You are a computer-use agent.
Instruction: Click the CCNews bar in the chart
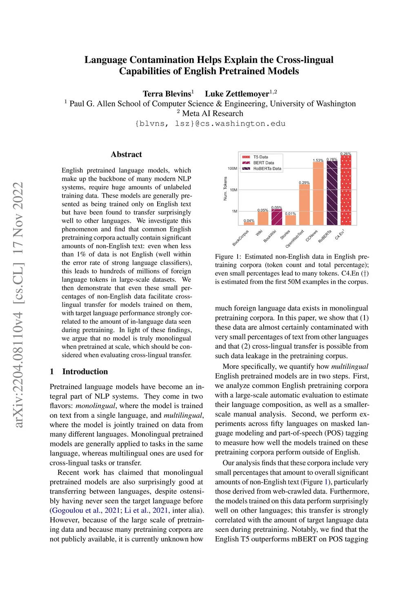(x=318, y=193)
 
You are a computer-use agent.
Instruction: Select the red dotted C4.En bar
(x=346, y=190)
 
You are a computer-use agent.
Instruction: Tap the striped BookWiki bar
(x=277, y=217)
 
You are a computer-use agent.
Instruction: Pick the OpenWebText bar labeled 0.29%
(x=304, y=204)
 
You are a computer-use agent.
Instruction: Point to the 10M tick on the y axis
(x=233, y=190)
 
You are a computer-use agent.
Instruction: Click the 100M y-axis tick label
(x=232, y=169)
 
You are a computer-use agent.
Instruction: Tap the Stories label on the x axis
(x=285, y=235)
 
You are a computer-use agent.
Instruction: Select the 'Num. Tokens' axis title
(x=225, y=188)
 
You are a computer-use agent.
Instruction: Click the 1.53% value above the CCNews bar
(x=318, y=160)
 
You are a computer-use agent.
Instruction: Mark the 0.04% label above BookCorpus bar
(x=249, y=221)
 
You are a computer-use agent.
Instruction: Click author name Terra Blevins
(x=167, y=94)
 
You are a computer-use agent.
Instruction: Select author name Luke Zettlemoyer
(x=237, y=94)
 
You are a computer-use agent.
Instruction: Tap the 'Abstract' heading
(x=126, y=154)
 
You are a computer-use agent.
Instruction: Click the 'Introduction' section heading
(x=85, y=371)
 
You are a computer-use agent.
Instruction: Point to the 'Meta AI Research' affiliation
(x=212, y=113)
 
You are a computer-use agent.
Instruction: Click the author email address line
(x=210, y=124)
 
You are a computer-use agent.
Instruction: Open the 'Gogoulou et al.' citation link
(x=76, y=510)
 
